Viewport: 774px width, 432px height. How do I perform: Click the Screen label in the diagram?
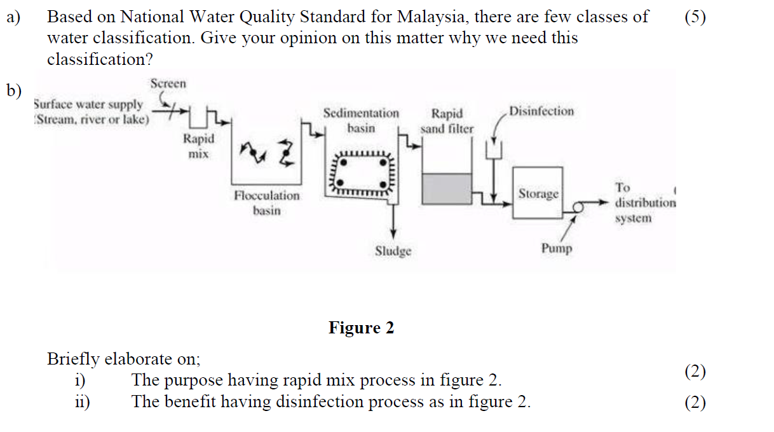168,84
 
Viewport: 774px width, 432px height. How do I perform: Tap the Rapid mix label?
198,146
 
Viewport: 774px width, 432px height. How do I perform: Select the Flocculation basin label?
266,203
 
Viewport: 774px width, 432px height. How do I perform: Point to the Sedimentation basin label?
361,120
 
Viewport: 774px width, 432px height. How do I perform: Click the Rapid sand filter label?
447,121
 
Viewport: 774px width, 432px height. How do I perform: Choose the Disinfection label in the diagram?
541,111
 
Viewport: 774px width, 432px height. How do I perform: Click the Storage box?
538,193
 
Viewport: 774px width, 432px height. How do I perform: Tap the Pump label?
556,248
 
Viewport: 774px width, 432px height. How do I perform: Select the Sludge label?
393,251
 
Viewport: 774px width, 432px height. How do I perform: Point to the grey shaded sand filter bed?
447,190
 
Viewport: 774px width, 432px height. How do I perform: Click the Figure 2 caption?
361,328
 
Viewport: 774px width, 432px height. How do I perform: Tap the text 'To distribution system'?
644,203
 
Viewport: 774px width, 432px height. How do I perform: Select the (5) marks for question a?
695,17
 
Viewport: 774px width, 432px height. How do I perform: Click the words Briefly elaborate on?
123,359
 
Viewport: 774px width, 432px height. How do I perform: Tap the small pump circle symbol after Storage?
578,206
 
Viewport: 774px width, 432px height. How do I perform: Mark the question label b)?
14,91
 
